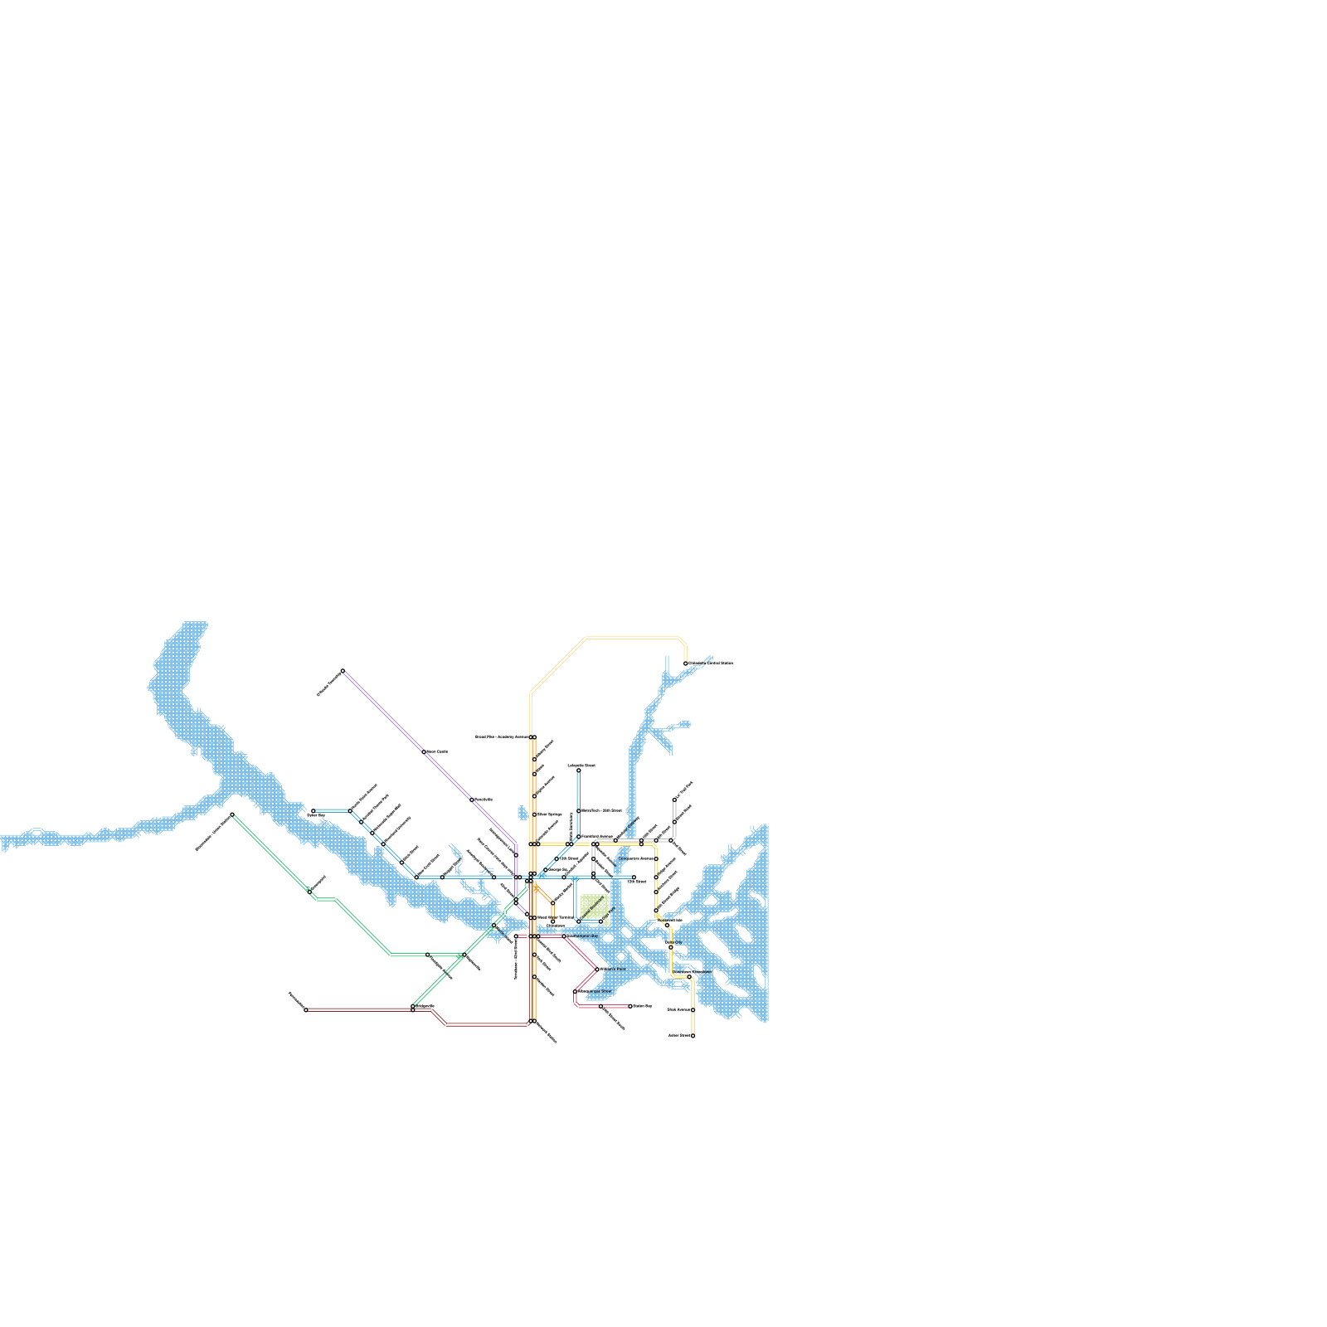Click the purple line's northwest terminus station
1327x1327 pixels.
click(x=343, y=670)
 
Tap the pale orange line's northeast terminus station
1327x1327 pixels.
click(x=686, y=663)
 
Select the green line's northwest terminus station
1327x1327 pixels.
click(x=232, y=814)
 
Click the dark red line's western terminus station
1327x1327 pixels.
click(x=306, y=1009)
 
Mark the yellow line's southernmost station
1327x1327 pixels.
click(x=693, y=1036)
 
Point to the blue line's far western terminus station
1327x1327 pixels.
click(x=313, y=811)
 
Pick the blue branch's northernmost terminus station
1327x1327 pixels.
click(x=579, y=770)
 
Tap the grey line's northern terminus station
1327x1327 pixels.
click(x=674, y=800)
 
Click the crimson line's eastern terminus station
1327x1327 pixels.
click(x=630, y=1006)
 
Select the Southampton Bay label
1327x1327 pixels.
click(x=582, y=936)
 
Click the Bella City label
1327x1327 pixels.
click(x=673, y=942)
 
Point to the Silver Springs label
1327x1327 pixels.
click(x=549, y=814)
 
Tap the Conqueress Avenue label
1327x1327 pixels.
click(x=636, y=858)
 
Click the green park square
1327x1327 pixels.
click(x=595, y=909)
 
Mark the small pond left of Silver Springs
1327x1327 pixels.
click(x=523, y=813)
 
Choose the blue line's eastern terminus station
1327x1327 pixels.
click(x=634, y=877)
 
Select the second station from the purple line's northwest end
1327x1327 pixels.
click(x=424, y=752)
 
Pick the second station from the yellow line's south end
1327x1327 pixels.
click(x=693, y=1010)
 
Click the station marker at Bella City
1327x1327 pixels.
click(x=671, y=947)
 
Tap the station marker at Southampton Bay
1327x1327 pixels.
click(x=564, y=936)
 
